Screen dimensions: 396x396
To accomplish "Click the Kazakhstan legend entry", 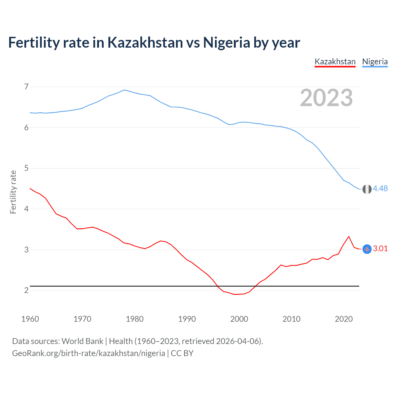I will coord(335,62).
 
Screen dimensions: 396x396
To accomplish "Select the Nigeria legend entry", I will coord(375,62).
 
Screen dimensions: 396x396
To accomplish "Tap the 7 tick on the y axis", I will coord(26,87).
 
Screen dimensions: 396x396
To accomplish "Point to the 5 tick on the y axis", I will coord(26,168).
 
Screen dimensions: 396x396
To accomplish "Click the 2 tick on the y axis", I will coord(26,291).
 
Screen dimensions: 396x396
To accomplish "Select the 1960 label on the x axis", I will coord(30,319).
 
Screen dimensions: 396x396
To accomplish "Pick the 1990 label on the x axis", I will coord(187,319).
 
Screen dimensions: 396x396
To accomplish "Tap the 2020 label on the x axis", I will coord(344,319).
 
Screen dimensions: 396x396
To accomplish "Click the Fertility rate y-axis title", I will coord(13,192).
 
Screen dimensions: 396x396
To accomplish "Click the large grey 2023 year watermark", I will coord(326,98).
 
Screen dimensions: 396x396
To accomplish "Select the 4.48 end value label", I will coord(380,188).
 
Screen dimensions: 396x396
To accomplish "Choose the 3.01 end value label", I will coord(380,249).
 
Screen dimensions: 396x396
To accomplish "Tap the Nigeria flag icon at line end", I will coord(367,189).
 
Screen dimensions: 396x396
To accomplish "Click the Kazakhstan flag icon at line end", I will coord(367,249).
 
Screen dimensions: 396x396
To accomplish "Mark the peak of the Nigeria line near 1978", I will coord(124,90).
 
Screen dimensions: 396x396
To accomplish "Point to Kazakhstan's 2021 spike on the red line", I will coord(349,237).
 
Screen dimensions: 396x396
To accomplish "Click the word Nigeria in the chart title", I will coord(226,43).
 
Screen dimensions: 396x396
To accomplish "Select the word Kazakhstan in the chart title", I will coord(145,43).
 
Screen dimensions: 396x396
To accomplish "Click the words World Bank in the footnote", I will coord(82,341).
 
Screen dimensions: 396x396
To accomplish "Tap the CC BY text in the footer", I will coord(182,353).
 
